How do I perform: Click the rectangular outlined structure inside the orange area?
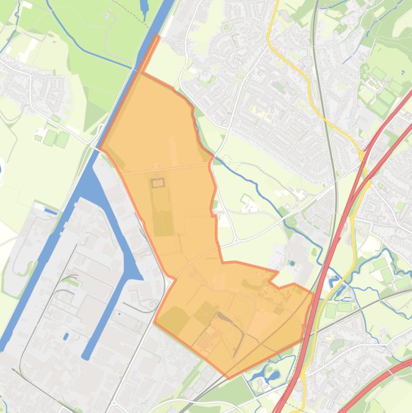[x=157, y=183]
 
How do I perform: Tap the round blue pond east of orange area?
[x=292, y=263]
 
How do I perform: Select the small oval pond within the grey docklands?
[x=66, y=336]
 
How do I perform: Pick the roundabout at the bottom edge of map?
[x=114, y=403]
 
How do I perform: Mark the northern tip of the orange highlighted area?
[x=158, y=36]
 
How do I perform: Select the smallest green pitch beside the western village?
[x=38, y=138]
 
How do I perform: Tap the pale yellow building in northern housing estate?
[x=258, y=112]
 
